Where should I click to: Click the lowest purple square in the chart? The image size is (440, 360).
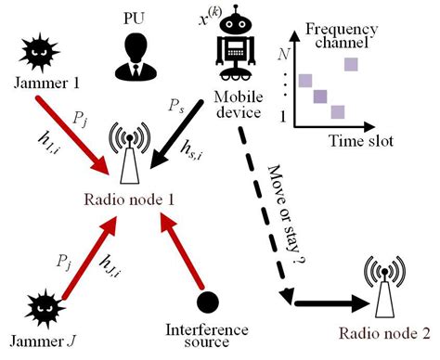339,111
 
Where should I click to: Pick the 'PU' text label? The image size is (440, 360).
133,17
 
